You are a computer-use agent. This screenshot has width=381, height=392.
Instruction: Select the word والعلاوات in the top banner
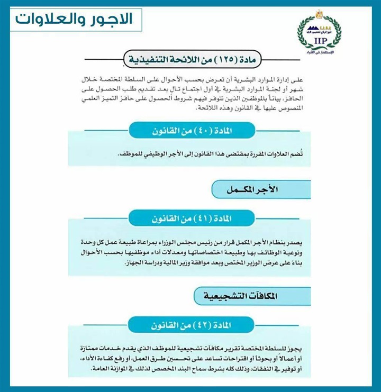(53, 20)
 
